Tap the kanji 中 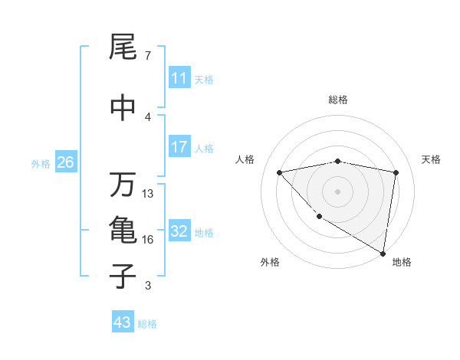click(123, 106)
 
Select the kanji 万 click(123, 185)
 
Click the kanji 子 click(123, 277)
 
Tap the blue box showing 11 click(179, 78)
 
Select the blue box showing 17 click(179, 147)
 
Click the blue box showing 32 click(179, 231)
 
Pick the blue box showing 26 click(65, 162)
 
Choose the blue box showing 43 click(123, 322)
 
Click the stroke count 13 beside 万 click(148, 194)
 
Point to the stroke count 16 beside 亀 click(148, 240)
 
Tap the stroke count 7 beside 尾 click(147, 56)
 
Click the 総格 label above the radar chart click(338, 100)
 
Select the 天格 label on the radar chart click(432, 159)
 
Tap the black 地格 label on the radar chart click(402, 262)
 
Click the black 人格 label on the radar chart click(245, 159)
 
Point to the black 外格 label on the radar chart click(270, 262)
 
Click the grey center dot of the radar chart click(337, 191)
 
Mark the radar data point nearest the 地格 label click(383, 253)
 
